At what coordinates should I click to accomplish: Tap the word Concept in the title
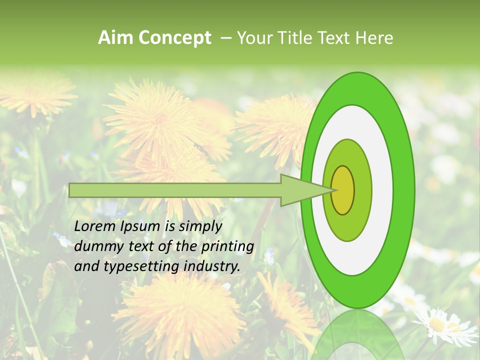point(175,38)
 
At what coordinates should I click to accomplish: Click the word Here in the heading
point(374,38)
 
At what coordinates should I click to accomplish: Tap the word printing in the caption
point(227,247)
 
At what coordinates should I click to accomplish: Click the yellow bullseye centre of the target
point(343,190)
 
